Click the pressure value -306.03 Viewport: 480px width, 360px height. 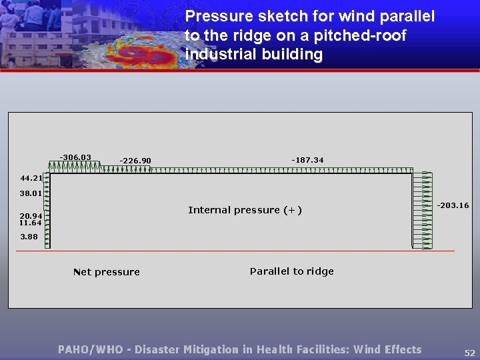[x=75, y=157]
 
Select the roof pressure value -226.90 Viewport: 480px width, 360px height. [x=135, y=160]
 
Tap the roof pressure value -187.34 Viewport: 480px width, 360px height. [x=307, y=160]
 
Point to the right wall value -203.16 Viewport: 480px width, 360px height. [x=453, y=205]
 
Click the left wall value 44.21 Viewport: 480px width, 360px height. [x=31, y=178]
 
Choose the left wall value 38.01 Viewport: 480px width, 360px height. [x=31, y=193]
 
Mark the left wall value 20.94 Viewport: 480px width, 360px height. [x=31, y=216]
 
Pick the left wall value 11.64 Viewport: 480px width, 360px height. [x=31, y=223]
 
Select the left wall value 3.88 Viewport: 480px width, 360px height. [x=29, y=237]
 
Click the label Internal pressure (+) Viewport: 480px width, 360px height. [x=245, y=210]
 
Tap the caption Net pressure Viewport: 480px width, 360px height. [x=106, y=272]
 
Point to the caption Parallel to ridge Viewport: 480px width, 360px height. [x=291, y=271]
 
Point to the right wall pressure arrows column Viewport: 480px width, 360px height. [x=422, y=210]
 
